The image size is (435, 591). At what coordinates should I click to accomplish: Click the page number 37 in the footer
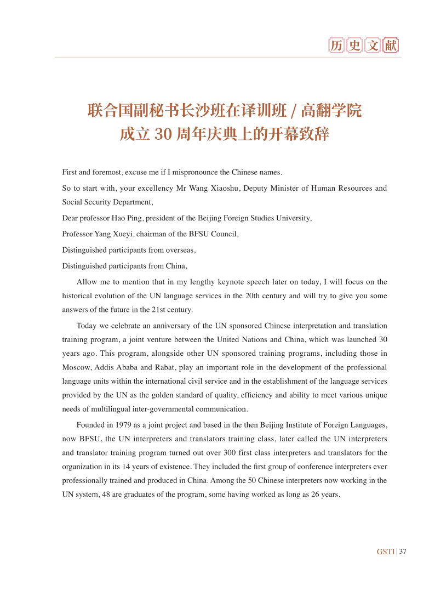pyautogui.click(x=403, y=552)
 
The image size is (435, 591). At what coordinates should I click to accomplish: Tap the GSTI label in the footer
pyautogui.click(x=385, y=552)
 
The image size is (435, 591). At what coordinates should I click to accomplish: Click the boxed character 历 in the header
pyautogui.click(x=336, y=46)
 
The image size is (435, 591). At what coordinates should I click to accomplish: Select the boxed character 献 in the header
pyautogui.click(x=391, y=46)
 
